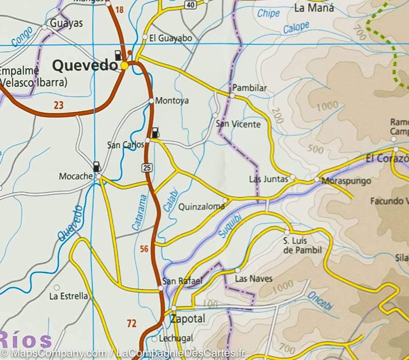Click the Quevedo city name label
point(85,66)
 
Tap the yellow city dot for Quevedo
point(125,66)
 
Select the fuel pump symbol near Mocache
point(96,166)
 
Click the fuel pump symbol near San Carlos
point(155,133)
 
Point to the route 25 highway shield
point(147,167)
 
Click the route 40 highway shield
point(190,5)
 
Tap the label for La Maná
point(314,8)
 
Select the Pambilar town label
point(249,88)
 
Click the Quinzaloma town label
point(201,207)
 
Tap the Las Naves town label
point(253,279)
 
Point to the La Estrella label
point(69,296)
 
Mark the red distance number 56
point(144,249)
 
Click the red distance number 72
point(132,324)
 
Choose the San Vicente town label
point(238,124)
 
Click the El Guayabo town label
point(171,39)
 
